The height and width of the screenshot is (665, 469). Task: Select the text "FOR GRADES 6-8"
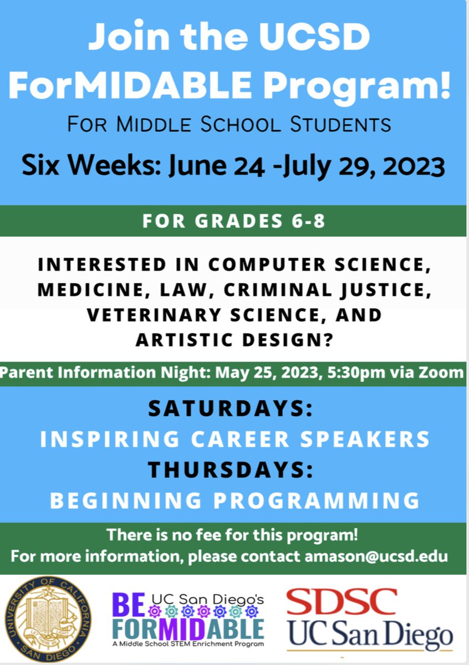coord(233,221)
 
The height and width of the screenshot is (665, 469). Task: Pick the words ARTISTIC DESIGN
coord(233,340)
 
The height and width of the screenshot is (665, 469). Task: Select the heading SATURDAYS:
coord(230,410)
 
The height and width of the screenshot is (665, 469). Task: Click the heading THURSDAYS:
coord(230,470)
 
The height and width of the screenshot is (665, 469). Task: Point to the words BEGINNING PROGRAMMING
coord(234,500)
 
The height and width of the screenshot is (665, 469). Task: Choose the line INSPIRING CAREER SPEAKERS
coord(234,439)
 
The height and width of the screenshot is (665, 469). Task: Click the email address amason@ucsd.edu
coord(376,556)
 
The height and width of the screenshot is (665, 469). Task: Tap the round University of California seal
coord(48,619)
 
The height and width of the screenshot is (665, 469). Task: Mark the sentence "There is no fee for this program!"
coord(232,535)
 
